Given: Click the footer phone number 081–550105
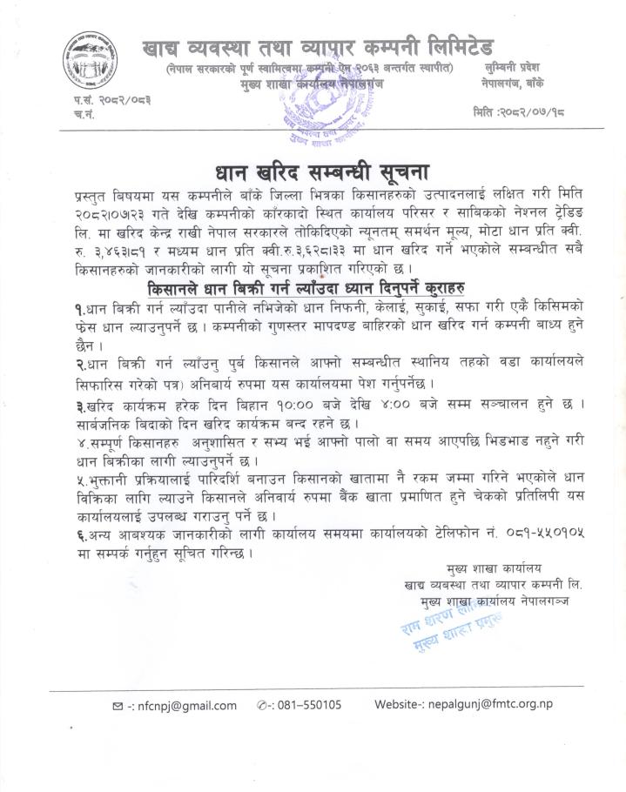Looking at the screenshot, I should (309, 706).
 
